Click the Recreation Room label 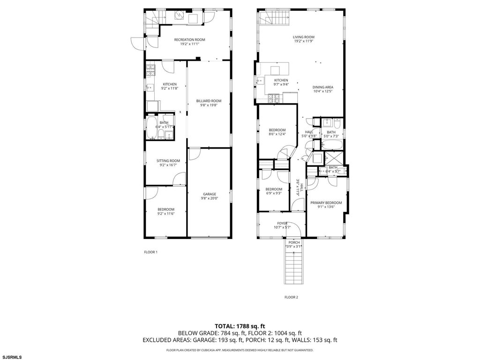(x=189, y=39)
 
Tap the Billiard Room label (x=209, y=101)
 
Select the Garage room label (x=210, y=194)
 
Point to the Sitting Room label (x=168, y=161)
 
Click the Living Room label (x=304, y=37)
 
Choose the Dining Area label (x=323, y=87)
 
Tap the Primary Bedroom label (x=326, y=202)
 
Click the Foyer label (x=282, y=223)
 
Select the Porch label (x=294, y=242)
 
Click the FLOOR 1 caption (x=150, y=252)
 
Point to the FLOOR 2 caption (x=291, y=297)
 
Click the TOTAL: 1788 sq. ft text (x=240, y=326)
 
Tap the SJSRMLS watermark (x=11, y=357)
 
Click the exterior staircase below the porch (x=294, y=266)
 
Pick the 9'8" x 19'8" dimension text (x=209, y=105)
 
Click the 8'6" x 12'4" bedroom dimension (x=277, y=134)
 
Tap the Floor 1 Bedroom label (x=165, y=210)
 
